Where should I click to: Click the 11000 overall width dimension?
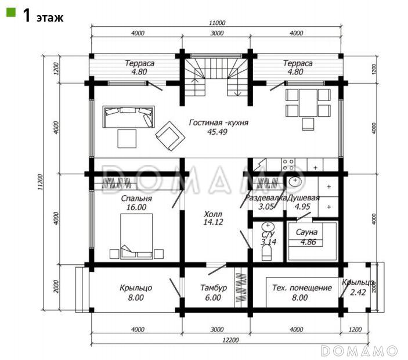(217, 23)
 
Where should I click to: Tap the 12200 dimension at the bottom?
(230, 340)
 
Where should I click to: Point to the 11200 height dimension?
(41, 182)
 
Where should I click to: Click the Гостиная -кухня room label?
(219, 123)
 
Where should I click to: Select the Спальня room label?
(136, 199)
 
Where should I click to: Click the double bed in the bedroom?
(136, 236)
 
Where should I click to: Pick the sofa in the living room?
(128, 117)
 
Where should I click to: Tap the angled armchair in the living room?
(170, 136)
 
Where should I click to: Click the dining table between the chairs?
(308, 103)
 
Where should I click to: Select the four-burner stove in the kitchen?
(288, 164)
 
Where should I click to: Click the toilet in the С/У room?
(266, 253)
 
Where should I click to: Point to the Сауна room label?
(307, 232)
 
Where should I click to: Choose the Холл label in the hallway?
(213, 214)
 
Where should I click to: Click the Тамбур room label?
(214, 287)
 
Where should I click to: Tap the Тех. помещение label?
(302, 287)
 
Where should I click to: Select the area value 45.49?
(217, 132)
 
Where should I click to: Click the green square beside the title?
(11, 12)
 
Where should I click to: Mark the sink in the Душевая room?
(295, 182)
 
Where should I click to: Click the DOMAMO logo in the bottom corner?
(359, 351)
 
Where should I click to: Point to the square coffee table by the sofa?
(127, 138)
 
